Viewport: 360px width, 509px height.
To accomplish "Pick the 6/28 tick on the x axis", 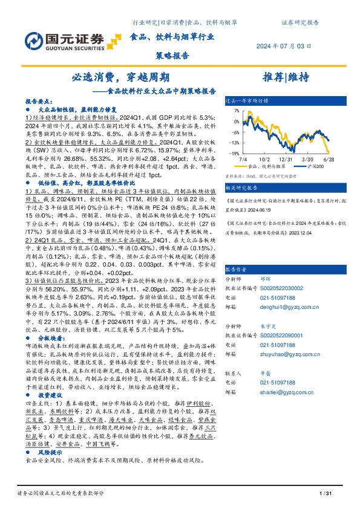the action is tap(329, 158).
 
